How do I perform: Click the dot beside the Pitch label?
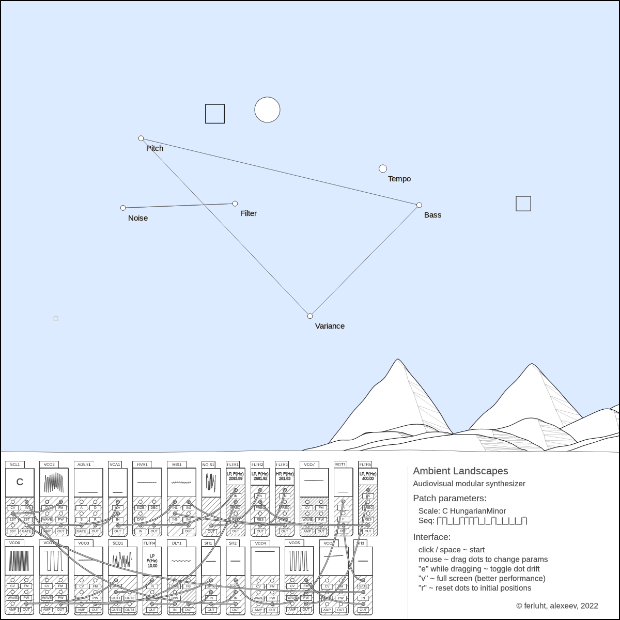pyautogui.click(x=141, y=138)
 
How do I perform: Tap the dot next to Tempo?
pyautogui.click(x=383, y=169)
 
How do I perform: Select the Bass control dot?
pyautogui.click(x=419, y=205)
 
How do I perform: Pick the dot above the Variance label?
pyautogui.click(x=310, y=316)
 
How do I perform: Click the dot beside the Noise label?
pyautogui.click(x=123, y=208)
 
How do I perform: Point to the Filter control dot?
pyautogui.click(x=235, y=204)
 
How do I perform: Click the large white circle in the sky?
pyautogui.click(x=267, y=110)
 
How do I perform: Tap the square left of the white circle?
pyautogui.click(x=215, y=114)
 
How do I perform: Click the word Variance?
pyautogui.click(x=330, y=326)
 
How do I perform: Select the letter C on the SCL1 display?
pyautogui.click(x=20, y=482)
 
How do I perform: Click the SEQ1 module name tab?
pyautogui.click(x=118, y=543)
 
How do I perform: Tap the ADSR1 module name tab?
pyautogui.click(x=83, y=464)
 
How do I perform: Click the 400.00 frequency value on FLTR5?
pyautogui.click(x=368, y=479)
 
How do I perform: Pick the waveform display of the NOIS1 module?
pyautogui.click(x=211, y=482)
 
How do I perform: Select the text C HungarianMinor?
pyautogui.click(x=474, y=511)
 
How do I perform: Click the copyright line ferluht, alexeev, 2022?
pyautogui.click(x=557, y=606)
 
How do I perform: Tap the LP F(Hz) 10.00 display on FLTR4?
pyautogui.click(x=152, y=561)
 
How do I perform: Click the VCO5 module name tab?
pyautogui.click(x=294, y=543)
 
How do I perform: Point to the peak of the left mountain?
pyautogui.click(x=398, y=360)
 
